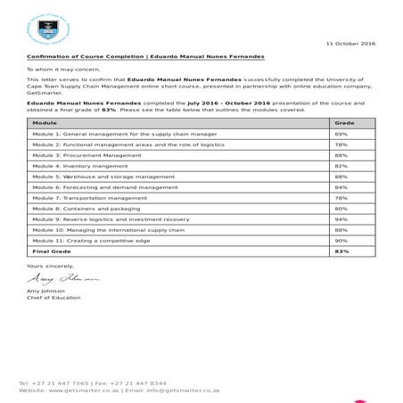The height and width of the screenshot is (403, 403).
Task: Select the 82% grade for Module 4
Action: tap(340, 165)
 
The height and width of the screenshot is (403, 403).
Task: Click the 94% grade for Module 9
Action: tap(340, 219)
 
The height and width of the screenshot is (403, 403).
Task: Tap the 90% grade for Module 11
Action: tap(340, 241)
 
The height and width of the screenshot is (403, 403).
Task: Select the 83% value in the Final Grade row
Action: tap(341, 251)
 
